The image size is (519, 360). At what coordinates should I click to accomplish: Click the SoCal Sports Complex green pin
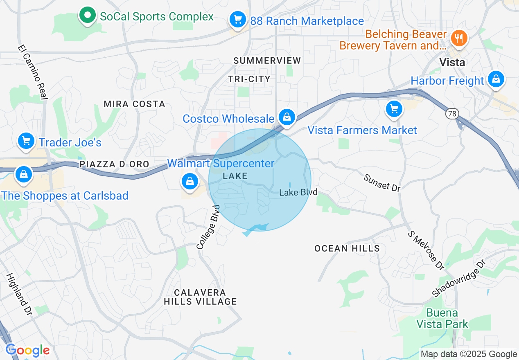(87, 16)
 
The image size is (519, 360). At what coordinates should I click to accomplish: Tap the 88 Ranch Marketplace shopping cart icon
(237, 19)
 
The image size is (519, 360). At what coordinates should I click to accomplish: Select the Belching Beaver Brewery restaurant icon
(458, 39)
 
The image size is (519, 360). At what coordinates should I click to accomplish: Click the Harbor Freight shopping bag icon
(496, 79)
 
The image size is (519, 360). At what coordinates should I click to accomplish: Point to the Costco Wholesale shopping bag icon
(287, 117)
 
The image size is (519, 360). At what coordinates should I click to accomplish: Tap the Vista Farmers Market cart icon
(394, 109)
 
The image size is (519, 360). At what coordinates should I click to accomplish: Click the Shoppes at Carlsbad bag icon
(24, 174)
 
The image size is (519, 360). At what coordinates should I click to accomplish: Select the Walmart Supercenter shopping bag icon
(190, 181)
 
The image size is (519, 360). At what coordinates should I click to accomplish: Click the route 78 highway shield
(452, 114)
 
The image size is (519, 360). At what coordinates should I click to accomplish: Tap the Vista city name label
(452, 62)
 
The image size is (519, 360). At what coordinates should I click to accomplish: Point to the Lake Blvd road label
(298, 192)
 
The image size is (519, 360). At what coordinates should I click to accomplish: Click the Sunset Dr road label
(381, 182)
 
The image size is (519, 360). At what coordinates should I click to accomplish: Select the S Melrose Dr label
(426, 250)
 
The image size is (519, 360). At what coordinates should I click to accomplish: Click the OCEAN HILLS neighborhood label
(347, 248)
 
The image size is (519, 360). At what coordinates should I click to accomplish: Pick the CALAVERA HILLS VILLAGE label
(200, 297)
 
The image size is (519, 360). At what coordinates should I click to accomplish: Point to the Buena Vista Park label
(442, 319)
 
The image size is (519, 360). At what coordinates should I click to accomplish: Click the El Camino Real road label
(33, 72)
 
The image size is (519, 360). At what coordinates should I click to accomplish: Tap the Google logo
(27, 350)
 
